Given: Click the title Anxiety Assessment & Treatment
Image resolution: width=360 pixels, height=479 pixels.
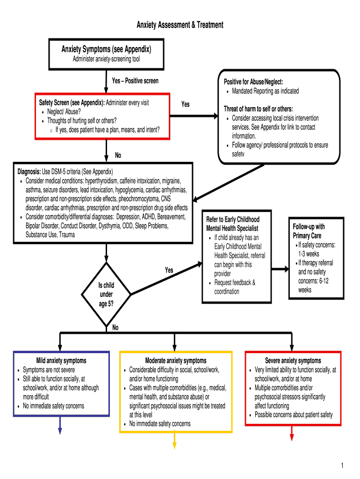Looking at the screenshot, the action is pyautogui.click(x=180, y=25).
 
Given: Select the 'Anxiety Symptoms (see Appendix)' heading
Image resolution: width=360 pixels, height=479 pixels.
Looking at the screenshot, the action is pyautogui.click(x=106, y=49).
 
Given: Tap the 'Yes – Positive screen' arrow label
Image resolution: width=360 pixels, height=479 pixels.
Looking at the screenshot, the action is pyautogui.click(x=135, y=80).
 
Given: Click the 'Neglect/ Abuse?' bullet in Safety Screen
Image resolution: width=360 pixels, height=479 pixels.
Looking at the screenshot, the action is pyautogui.click(x=64, y=111).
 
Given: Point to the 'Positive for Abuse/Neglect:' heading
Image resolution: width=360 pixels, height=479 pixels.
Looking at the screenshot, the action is pyautogui.click(x=253, y=81).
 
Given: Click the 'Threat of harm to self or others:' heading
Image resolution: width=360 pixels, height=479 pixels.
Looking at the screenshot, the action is pyautogui.click(x=259, y=109).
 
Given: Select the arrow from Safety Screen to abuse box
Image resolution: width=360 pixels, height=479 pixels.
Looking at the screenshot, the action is pyautogui.click(x=194, y=116).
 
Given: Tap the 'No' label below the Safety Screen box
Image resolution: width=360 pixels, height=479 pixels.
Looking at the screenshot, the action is pyautogui.click(x=118, y=155).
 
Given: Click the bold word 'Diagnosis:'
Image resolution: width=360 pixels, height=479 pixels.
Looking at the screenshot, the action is pyautogui.click(x=29, y=171).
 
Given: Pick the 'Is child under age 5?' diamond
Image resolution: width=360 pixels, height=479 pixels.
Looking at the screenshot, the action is pyautogui.click(x=106, y=294).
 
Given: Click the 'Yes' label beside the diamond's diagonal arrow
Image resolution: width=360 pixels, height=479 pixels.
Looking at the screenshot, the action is pyautogui.click(x=169, y=270).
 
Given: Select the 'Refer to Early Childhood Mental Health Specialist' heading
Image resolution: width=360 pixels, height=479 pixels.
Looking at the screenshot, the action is pyautogui.click(x=233, y=224).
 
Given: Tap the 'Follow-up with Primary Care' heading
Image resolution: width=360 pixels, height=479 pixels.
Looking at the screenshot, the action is pyautogui.click(x=309, y=231).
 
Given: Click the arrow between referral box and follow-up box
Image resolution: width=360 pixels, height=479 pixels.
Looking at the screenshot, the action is pyautogui.click(x=280, y=269).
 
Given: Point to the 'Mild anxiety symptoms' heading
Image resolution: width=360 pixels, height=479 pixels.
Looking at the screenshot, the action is pyautogui.click(x=61, y=361).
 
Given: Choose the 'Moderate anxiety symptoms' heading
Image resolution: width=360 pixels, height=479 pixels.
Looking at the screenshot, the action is pyautogui.click(x=176, y=361).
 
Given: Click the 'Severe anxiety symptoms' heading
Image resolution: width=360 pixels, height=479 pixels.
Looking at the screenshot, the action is pyautogui.click(x=293, y=361).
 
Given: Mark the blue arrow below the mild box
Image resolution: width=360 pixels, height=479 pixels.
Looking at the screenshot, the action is pyautogui.click(x=60, y=425).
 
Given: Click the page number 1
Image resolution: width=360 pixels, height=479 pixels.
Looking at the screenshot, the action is pyautogui.click(x=342, y=465).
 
